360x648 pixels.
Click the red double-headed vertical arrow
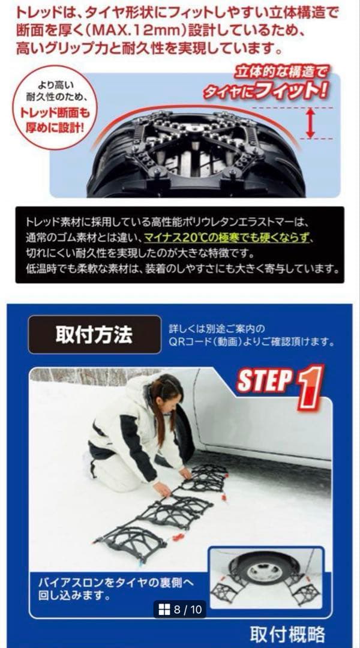click(x=310, y=124)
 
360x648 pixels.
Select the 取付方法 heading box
click(x=95, y=334)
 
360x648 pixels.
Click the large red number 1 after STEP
click(x=309, y=388)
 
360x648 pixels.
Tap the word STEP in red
click(x=264, y=382)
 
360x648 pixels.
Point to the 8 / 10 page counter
click(x=188, y=610)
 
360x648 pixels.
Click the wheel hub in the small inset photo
click(x=263, y=572)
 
